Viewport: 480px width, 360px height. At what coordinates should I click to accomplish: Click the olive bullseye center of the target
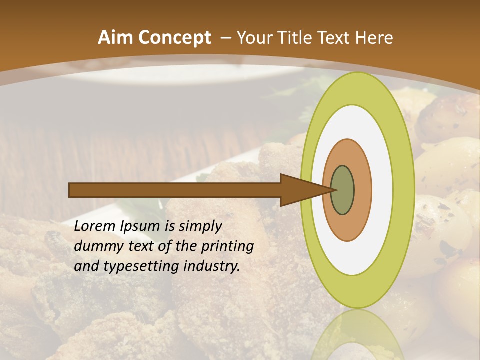coord(342,190)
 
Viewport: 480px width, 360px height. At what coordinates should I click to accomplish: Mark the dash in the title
coord(225,38)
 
